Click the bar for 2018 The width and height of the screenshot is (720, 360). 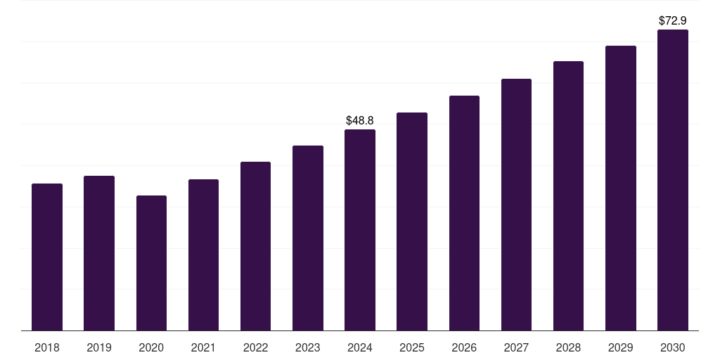tap(47, 257)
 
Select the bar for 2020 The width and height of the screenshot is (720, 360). tap(151, 263)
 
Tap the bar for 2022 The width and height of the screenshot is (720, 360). tap(255, 246)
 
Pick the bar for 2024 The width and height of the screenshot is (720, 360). tap(360, 230)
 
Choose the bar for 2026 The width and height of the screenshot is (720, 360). tap(464, 213)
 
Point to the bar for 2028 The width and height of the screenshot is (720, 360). tap(568, 195)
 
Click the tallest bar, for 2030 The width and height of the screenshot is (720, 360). tap(673, 180)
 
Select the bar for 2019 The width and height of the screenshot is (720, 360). tap(99, 253)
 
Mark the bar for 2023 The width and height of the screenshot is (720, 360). tap(308, 238)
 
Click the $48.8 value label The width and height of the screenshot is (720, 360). tap(360, 121)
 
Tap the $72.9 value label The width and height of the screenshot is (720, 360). tap(673, 21)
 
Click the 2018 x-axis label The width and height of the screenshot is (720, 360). tap(47, 347)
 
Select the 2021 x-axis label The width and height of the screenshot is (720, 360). tap(203, 347)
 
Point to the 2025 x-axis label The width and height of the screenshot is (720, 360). tap(412, 347)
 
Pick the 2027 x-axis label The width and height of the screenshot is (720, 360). tap(516, 347)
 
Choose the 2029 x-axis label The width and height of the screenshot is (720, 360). tap(621, 347)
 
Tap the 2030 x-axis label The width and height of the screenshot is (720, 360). tap(673, 347)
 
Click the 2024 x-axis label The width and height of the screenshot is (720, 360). tap(360, 347)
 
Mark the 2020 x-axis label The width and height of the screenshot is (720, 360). tap(151, 347)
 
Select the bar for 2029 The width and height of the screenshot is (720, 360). tap(621, 188)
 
